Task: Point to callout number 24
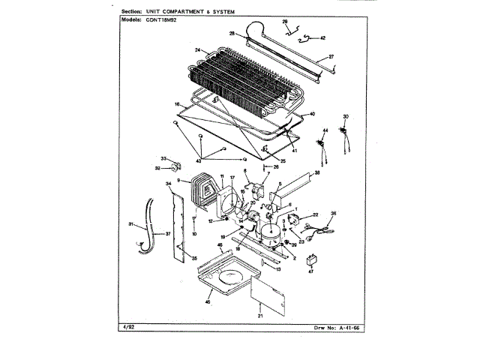[x=198, y=51]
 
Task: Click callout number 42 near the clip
[x=322, y=37]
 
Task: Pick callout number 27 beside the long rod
[x=331, y=57]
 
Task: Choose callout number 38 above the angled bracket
[x=317, y=172]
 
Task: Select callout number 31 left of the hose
[x=130, y=223]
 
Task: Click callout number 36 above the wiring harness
[x=334, y=213]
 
